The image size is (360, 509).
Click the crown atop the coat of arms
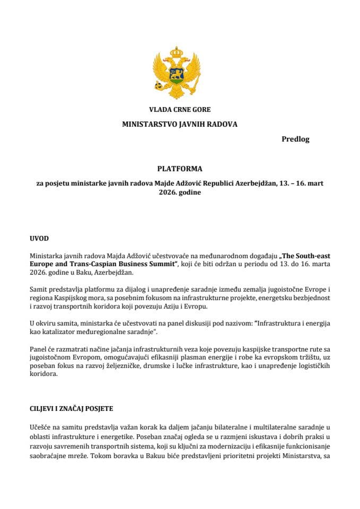179,52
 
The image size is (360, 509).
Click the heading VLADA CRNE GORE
180,110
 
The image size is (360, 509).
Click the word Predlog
295,139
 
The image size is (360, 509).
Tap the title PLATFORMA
180,169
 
